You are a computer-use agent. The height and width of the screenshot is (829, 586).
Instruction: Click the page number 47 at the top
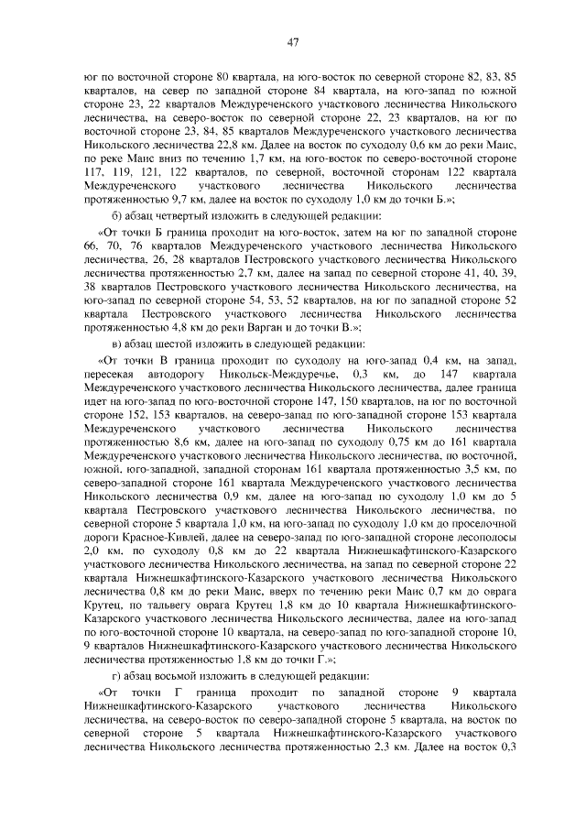293,41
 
